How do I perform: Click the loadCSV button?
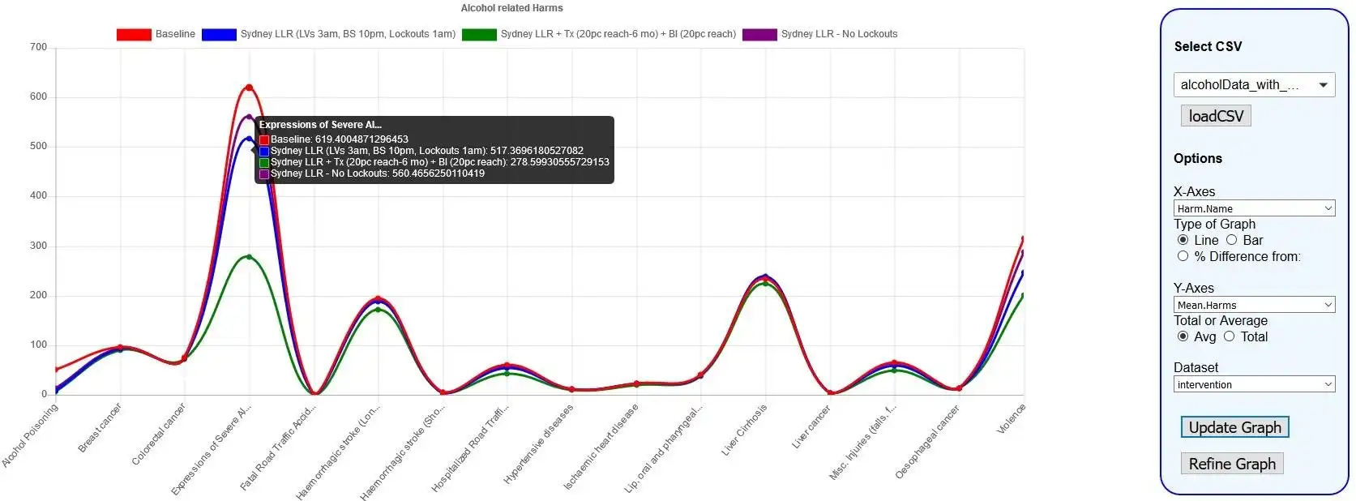[1216, 116]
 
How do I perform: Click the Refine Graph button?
[1231, 464]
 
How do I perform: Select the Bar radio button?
[1232, 240]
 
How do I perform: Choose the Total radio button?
[1230, 336]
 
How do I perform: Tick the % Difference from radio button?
[1183, 256]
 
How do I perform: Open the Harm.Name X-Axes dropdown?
[1254, 208]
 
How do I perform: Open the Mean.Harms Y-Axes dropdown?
[1254, 305]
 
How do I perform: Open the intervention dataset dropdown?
[1254, 384]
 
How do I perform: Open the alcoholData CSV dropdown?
[1254, 84]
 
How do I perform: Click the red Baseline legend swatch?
[134, 34]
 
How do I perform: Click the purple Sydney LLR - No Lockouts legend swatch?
[759, 34]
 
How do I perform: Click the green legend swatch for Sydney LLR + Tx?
[479, 34]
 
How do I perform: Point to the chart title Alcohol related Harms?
[511, 8]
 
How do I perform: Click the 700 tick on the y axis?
[39, 47]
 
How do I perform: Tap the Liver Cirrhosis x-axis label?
[744, 430]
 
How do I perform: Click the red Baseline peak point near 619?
[249, 88]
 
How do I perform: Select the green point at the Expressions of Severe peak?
[249, 257]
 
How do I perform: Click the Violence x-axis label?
[1011, 418]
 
